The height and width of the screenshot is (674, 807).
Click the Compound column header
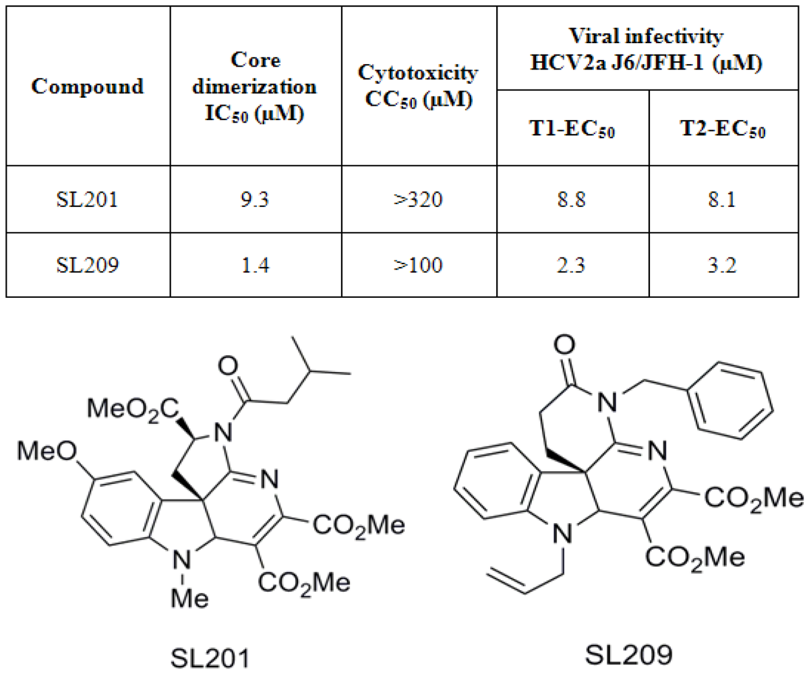[x=88, y=86]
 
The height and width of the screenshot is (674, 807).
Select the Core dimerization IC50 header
[x=256, y=86]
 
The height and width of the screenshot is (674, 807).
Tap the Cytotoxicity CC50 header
[x=419, y=86]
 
